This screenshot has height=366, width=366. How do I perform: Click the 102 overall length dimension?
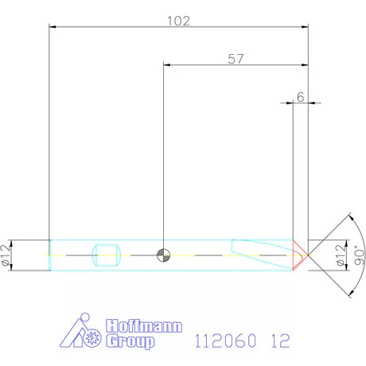[x=179, y=21]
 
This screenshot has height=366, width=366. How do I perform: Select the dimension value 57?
[x=235, y=59]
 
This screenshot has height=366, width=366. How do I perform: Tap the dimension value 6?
[x=300, y=95]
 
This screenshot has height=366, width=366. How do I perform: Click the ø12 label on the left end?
[x=6, y=255]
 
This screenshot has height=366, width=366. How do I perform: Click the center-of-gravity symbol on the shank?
[x=163, y=255]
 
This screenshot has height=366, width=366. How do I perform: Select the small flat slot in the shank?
[x=107, y=255]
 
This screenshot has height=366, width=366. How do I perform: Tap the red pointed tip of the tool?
[x=302, y=255]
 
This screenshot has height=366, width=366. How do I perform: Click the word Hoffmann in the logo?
[x=144, y=327]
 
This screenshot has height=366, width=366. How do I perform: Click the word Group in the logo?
[x=131, y=342]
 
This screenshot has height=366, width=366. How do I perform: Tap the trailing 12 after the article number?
[x=280, y=341]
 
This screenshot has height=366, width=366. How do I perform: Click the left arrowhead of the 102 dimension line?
[x=53, y=27]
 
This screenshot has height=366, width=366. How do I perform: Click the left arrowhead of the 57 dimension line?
[x=166, y=66]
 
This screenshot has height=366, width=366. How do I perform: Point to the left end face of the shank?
[x=49, y=255]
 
